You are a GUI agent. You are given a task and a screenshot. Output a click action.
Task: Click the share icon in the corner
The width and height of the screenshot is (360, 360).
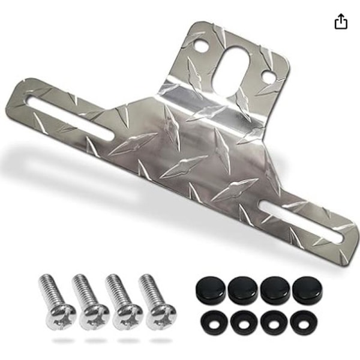340,22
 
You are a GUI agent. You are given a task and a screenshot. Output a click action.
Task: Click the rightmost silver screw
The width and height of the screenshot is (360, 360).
157,300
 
